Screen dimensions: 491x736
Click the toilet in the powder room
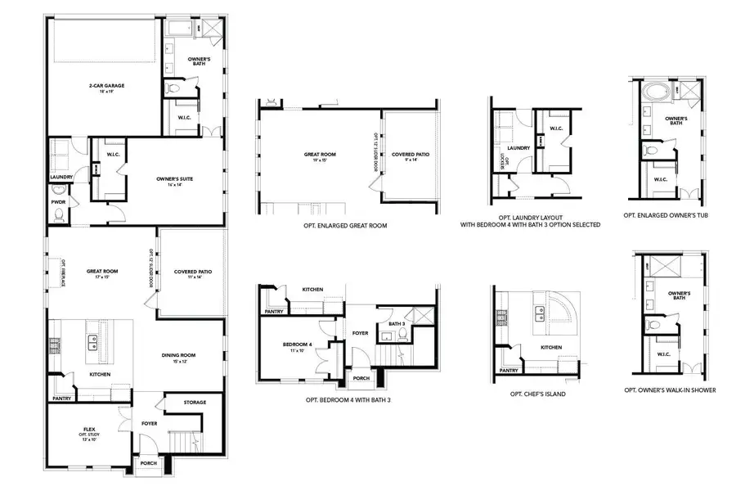tap(57, 215)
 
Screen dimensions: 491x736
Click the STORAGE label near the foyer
tap(194, 403)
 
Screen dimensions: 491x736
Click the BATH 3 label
tap(397, 325)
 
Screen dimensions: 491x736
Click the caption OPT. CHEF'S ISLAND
tap(538, 394)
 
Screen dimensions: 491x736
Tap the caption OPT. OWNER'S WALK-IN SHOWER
tap(670, 390)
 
